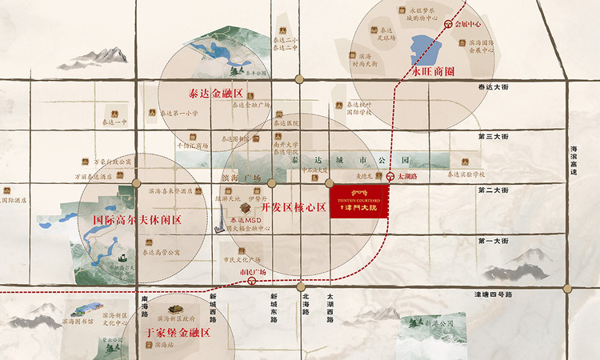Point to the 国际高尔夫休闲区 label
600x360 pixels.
138,218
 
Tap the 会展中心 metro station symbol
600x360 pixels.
449,24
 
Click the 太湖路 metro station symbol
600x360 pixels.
390,177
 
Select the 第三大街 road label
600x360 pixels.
493,137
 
